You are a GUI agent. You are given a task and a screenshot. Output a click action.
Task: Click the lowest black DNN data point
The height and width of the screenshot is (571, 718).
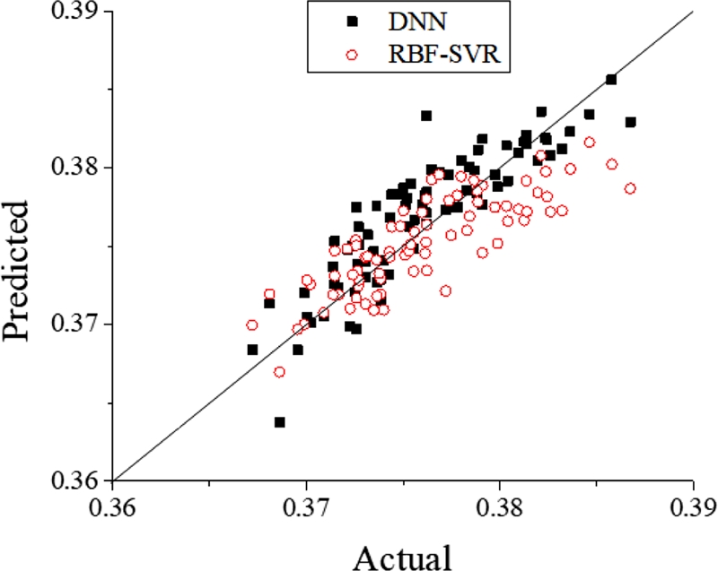(x=280, y=421)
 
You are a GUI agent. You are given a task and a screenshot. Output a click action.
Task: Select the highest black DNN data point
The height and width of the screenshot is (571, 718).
(x=611, y=80)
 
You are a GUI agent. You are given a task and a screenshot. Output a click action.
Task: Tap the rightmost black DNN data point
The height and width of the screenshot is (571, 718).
(x=631, y=122)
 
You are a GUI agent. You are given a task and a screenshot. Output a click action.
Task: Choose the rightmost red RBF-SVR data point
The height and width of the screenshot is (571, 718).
(x=630, y=188)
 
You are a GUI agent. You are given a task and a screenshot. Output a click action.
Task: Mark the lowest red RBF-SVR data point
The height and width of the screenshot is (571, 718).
(x=279, y=371)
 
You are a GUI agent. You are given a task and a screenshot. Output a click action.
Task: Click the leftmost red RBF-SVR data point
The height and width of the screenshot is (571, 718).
(x=252, y=325)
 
